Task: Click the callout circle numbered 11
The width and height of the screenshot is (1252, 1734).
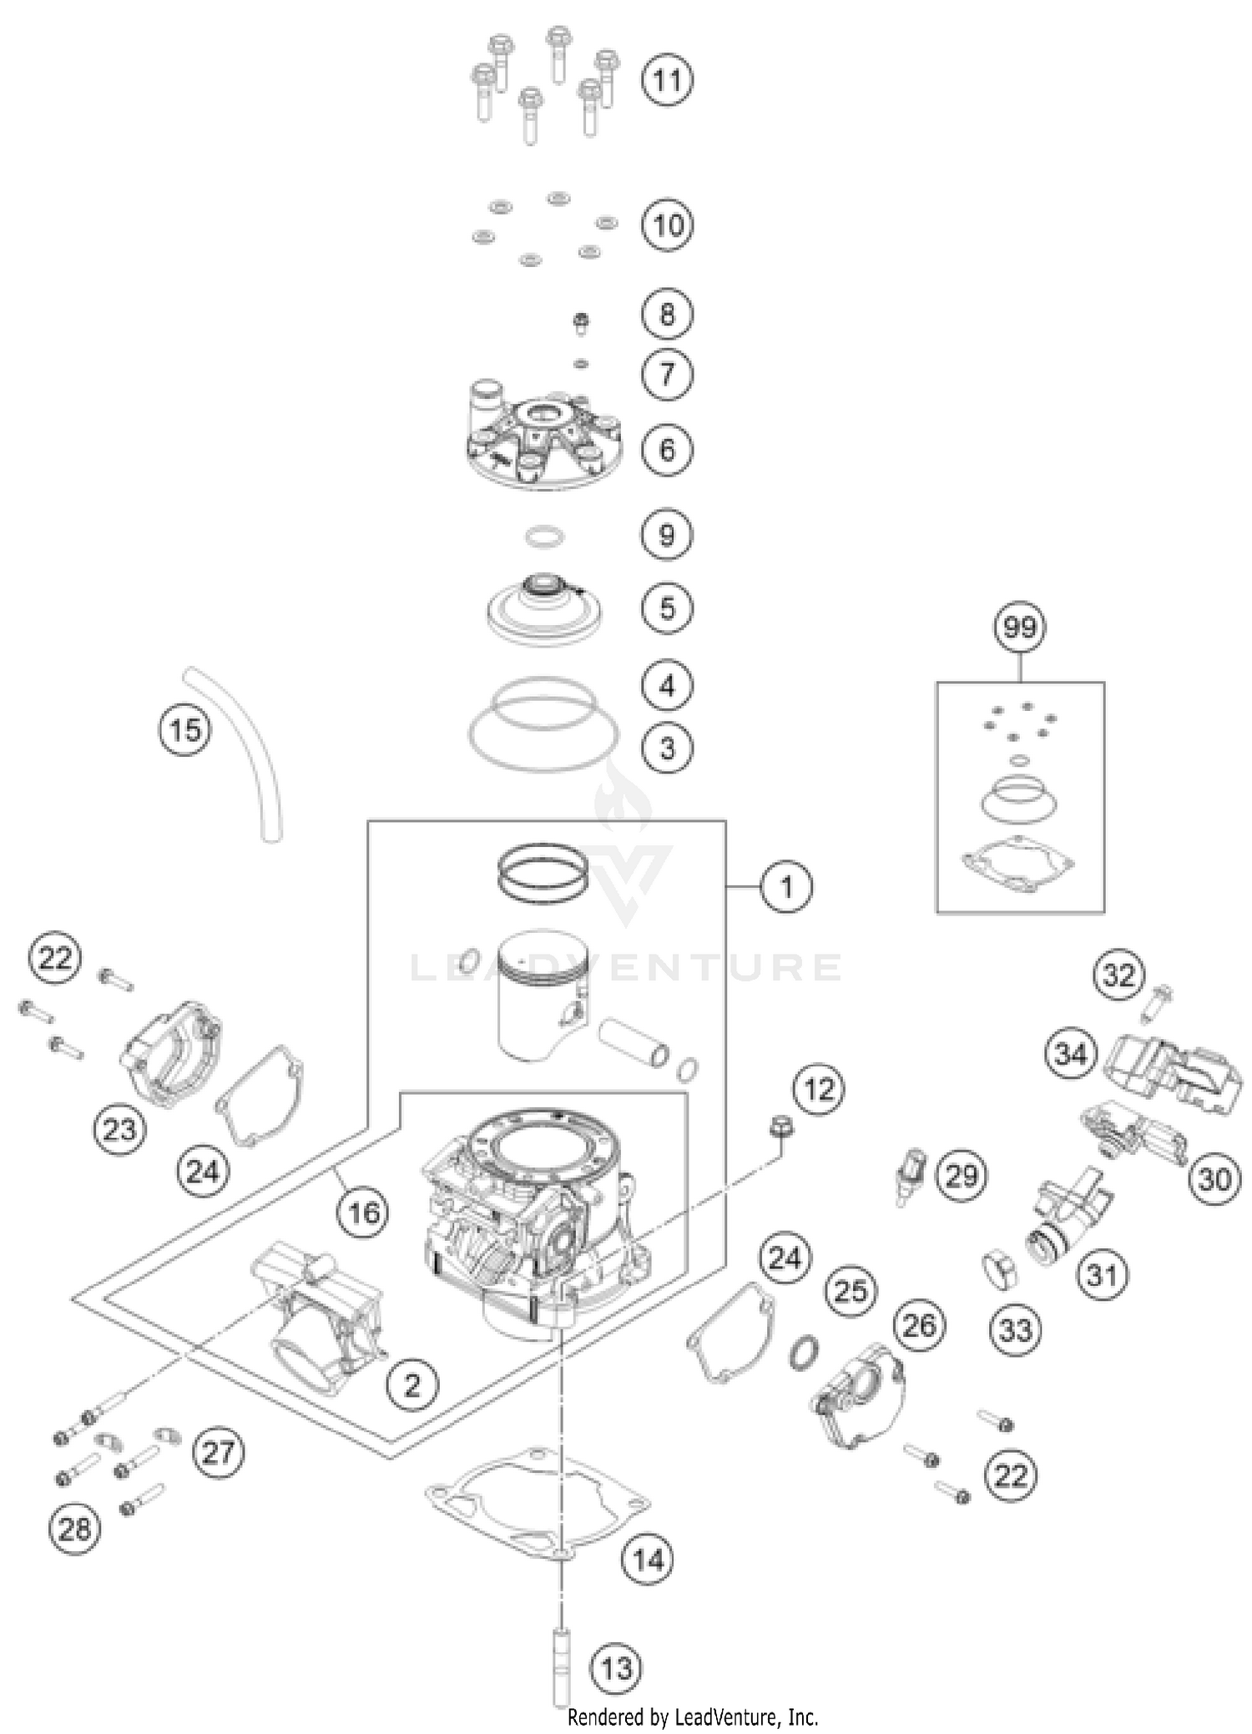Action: (x=666, y=81)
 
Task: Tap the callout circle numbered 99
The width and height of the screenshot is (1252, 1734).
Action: (x=1020, y=627)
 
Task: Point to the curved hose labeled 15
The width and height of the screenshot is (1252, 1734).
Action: (x=242, y=752)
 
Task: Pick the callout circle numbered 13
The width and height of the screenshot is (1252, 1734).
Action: (x=616, y=1668)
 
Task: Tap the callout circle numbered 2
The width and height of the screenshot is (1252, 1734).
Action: (x=412, y=1385)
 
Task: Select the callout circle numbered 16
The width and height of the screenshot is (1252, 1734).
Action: (x=363, y=1212)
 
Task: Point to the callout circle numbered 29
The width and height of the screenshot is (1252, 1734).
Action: (x=961, y=1177)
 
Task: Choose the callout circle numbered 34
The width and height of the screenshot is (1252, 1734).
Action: (x=1071, y=1054)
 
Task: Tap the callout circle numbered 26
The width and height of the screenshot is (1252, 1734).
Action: (x=919, y=1325)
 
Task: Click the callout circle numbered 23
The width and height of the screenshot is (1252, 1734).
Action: (x=119, y=1130)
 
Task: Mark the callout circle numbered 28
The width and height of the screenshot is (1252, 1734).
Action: (x=74, y=1530)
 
